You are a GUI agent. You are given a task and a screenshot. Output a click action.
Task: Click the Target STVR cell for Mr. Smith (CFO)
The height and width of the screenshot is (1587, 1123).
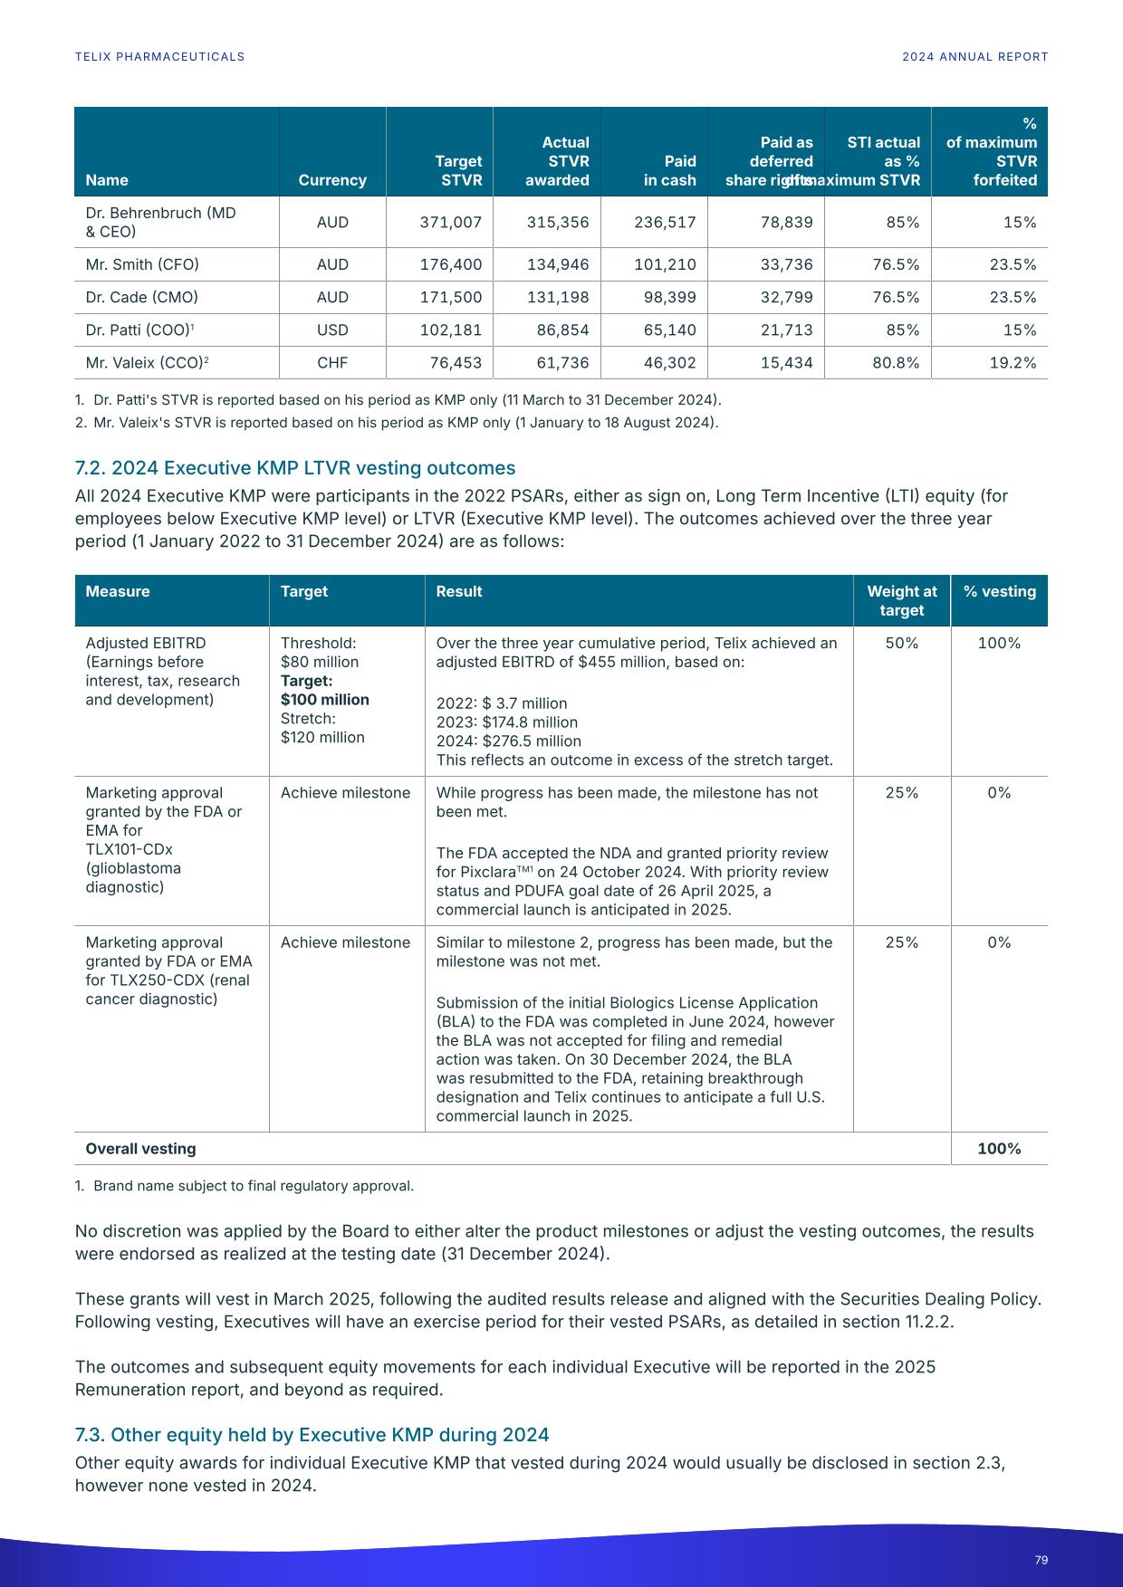coord(450,264)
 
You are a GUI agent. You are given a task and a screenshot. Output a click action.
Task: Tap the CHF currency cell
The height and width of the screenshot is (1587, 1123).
coord(332,363)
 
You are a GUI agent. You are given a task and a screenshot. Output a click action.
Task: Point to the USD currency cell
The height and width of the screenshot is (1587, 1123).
coord(332,330)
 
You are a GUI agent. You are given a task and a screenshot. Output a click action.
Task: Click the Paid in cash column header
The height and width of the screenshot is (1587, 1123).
coord(669,170)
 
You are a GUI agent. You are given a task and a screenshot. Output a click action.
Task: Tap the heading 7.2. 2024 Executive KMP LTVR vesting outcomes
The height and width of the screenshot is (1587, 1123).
coord(294,468)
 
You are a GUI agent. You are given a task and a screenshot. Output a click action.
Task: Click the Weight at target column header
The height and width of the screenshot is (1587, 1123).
coord(901,600)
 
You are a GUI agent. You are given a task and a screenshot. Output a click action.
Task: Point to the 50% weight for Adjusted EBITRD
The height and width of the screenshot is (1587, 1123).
coord(901,643)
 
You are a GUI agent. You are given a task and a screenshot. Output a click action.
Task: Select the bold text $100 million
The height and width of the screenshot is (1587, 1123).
coord(324,700)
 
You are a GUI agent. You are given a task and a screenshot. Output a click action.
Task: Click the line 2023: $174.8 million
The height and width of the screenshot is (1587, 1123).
coord(506,722)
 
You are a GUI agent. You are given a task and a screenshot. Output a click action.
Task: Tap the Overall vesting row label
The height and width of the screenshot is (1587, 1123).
coord(140,1149)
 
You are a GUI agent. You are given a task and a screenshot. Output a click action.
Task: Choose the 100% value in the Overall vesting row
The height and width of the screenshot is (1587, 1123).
coord(999,1149)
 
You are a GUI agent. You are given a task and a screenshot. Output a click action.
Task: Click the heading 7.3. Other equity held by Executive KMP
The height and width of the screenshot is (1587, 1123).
coord(312,1435)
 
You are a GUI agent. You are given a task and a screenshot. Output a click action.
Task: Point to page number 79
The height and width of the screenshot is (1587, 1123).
coord(1041,1560)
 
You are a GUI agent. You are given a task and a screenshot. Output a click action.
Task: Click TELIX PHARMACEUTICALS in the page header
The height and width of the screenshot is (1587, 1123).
coord(159,56)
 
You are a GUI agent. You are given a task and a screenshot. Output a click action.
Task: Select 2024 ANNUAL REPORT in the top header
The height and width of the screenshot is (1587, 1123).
coord(974,56)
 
